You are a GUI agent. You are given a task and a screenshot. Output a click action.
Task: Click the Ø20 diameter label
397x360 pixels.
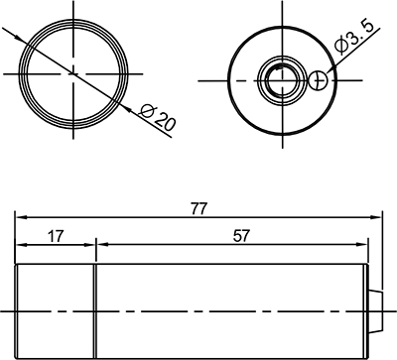[x=157, y=117]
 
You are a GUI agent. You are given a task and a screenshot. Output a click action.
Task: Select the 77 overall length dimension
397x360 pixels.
[x=198, y=208]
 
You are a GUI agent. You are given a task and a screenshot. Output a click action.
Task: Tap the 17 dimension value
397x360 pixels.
[x=55, y=237]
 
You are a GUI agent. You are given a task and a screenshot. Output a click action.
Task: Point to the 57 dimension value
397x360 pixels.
[x=240, y=236]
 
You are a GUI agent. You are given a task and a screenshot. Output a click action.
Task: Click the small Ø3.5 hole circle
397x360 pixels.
[x=318, y=80]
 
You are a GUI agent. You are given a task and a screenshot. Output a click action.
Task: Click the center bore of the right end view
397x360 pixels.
[x=282, y=80]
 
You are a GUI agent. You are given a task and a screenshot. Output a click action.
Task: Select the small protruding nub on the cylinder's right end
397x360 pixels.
[x=375, y=311]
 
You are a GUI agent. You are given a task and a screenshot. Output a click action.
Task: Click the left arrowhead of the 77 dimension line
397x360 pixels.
[x=21, y=217]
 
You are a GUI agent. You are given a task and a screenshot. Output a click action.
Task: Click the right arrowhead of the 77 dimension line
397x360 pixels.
[x=376, y=217]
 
